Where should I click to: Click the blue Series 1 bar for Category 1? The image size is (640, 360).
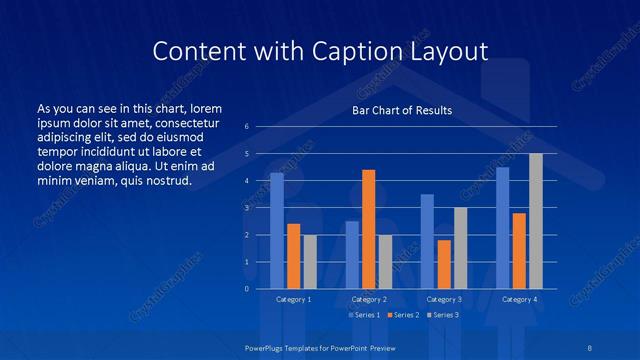(x=277, y=231)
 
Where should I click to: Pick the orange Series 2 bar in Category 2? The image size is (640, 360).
(x=368, y=229)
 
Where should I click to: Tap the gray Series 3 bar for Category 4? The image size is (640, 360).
(x=536, y=221)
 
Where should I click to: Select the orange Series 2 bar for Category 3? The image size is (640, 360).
(x=443, y=264)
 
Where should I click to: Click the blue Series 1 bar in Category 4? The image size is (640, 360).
(x=502, y=228)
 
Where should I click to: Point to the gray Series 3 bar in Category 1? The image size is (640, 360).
(x=309, y=262)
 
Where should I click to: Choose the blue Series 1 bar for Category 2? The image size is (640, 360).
(x=352, y=255)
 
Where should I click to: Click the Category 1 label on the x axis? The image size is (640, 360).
(x=293, y=299)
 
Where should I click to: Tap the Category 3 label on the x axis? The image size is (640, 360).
(x=444, y=299)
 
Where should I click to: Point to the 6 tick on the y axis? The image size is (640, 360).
(x=246, y=127)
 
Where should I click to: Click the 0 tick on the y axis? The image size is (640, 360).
(x=246, y=289)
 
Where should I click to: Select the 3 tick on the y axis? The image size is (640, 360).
(x=246, y=208)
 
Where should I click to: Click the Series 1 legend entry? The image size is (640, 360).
(x=364, y=315)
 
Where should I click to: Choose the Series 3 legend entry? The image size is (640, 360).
(x=442, y=315)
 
